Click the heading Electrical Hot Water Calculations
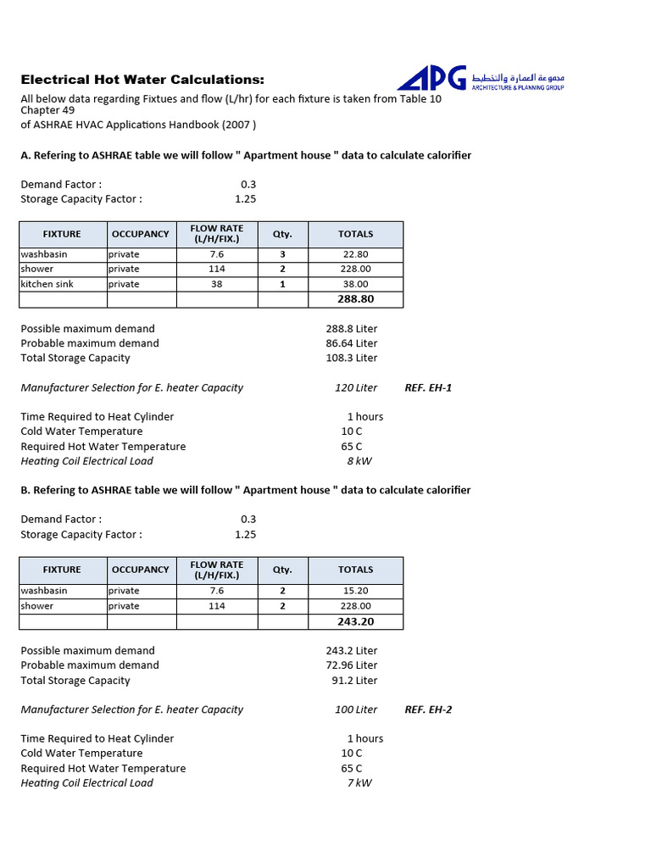[142, 80]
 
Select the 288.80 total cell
[356, 299]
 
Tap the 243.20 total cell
[356, 621]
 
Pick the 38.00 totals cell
[356, 284]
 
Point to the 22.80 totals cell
[356, 254]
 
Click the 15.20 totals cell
[356, 591]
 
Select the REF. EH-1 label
[428, 387]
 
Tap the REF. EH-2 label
[428, 709]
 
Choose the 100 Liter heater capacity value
[356, 709]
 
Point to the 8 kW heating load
[359, 461]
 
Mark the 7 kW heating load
[359, 782]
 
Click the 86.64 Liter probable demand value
[352, 343]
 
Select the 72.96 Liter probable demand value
[352, 665]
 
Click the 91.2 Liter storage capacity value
[354, 680]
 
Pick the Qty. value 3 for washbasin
[282, 254]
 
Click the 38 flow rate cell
[217, 284]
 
